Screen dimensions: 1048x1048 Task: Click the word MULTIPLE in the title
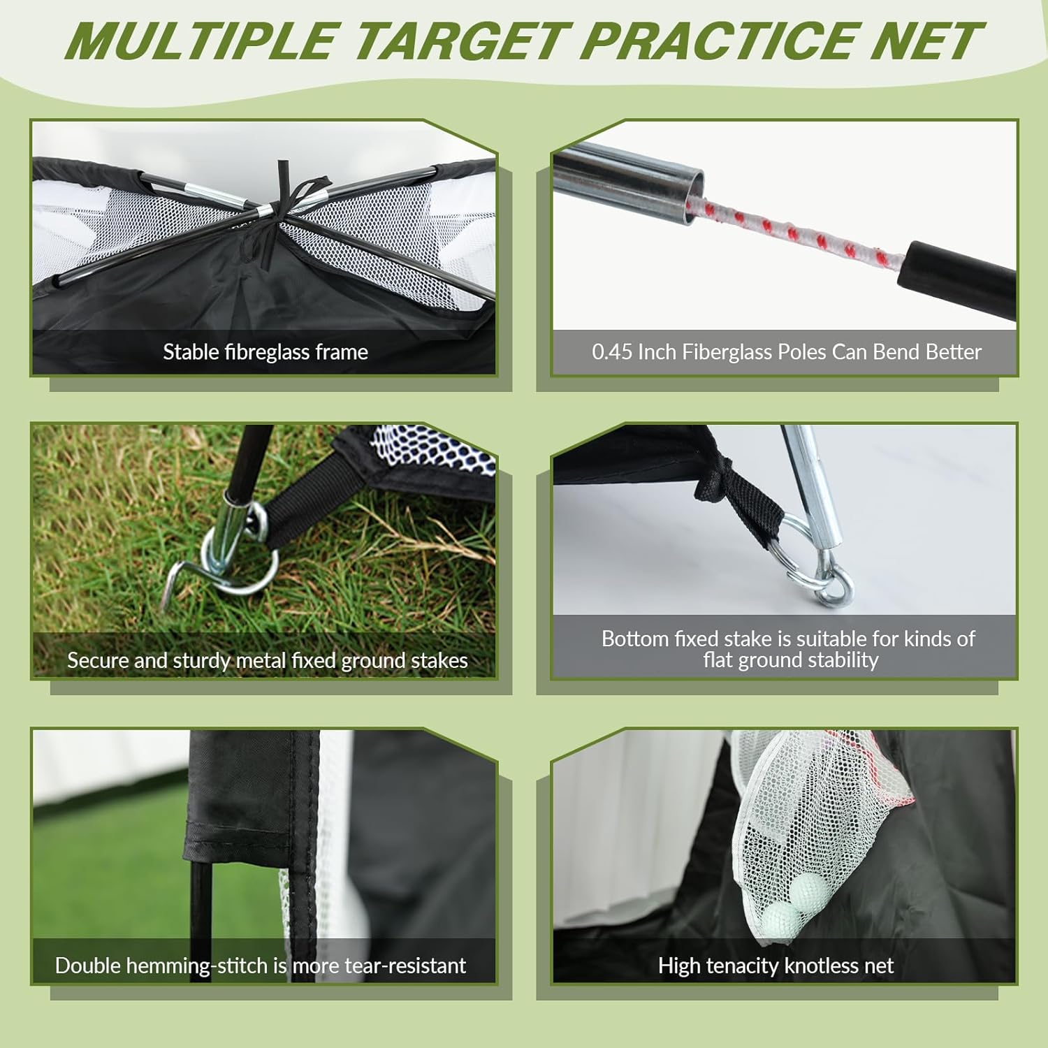coord(202,42)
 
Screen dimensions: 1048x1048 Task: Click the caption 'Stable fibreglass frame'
coord(265,352)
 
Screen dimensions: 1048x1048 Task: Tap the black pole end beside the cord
coord(957,269)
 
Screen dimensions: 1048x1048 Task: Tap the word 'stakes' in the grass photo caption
coord(439,661)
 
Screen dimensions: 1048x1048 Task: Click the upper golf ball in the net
coord(810,889)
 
